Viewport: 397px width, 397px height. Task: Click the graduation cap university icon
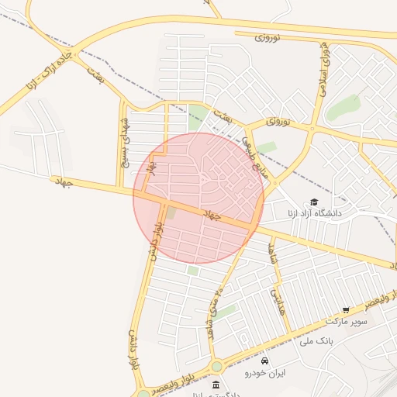pyautogui.click(x=314, y=202)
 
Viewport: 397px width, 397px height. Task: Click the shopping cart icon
pyautogui.click(x=346, y=309)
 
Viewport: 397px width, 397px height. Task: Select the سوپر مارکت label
pyautogui.click(x=343, y=320)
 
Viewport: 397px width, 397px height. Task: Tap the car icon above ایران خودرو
pyautogui.click(x=265, y=361)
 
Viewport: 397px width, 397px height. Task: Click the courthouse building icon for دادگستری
pyautogui.click(x=216, y=385)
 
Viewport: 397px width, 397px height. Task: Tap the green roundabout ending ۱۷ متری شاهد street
pyautogui.click(x=216, y=366)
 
